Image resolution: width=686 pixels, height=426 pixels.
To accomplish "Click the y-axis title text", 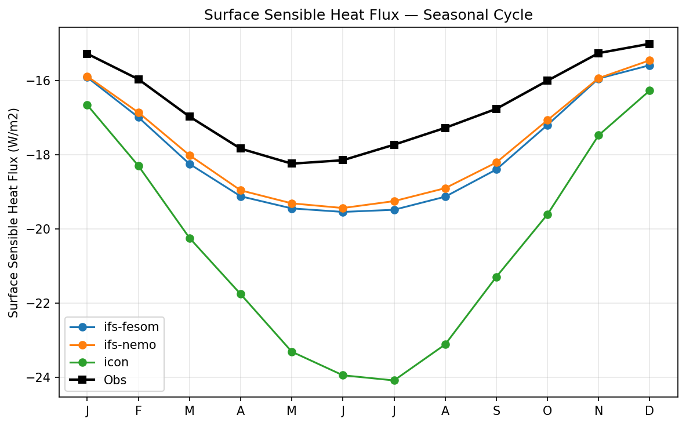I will (x=14, y=213).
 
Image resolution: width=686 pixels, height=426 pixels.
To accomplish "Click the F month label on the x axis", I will (x=139, y=411).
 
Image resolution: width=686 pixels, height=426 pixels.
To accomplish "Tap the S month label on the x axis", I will (x=496, y=411).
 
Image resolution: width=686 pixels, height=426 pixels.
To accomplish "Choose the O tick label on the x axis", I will (x=547, y=411).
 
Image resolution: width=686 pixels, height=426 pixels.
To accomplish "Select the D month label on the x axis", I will (x=649, y=411).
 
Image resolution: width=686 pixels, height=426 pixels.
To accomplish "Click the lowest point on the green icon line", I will (x=394, y=380).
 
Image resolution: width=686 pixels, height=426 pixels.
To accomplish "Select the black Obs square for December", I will (x=649, y=44).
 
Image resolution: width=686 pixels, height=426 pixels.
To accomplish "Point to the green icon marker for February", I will (x=139, y=166).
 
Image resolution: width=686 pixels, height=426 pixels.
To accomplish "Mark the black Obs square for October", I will (x=547, y=81).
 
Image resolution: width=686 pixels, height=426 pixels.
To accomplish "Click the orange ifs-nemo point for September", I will (x=496, y=162).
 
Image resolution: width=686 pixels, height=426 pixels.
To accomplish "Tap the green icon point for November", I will (x=598, y=135).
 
